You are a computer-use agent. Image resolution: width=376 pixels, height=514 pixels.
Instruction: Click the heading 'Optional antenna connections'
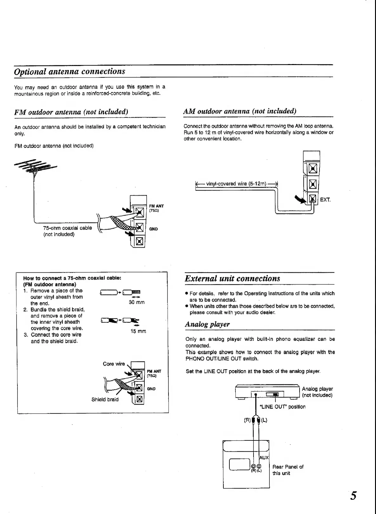point(70,71)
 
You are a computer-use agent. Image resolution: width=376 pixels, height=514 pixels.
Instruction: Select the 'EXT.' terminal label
point(325,200)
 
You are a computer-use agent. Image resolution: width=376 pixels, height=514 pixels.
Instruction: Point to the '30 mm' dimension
point(137,302)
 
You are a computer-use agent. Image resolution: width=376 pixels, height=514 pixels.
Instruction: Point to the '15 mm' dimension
point(138,331)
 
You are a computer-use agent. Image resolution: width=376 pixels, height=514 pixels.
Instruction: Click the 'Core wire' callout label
point(114,364)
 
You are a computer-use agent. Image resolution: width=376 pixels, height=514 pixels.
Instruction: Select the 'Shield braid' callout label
point(105,400)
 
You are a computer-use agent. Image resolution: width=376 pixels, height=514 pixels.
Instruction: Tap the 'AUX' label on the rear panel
point(264,458)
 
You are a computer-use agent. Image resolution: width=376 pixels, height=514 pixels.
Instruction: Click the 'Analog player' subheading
point(207,324)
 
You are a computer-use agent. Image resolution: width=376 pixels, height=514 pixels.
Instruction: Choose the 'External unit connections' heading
point(233,278)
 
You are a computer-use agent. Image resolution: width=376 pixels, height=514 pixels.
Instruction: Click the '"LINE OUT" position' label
point(282,407)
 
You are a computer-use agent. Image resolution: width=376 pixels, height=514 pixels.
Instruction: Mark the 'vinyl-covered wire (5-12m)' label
point(236,184)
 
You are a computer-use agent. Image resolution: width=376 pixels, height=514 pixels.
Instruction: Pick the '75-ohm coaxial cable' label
point(67,228)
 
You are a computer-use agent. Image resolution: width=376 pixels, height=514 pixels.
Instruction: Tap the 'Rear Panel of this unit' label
point(288,470)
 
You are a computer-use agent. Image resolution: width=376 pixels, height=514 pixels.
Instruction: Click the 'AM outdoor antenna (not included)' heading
point(240,111)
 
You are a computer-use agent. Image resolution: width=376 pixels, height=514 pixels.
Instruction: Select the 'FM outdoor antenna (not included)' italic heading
point(71,112)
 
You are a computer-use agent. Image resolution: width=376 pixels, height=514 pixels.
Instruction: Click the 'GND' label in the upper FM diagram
point(153,229)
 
